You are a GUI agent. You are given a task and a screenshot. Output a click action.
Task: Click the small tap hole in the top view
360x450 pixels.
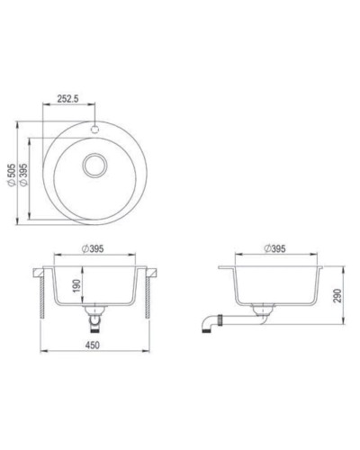(x=93, y=128)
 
